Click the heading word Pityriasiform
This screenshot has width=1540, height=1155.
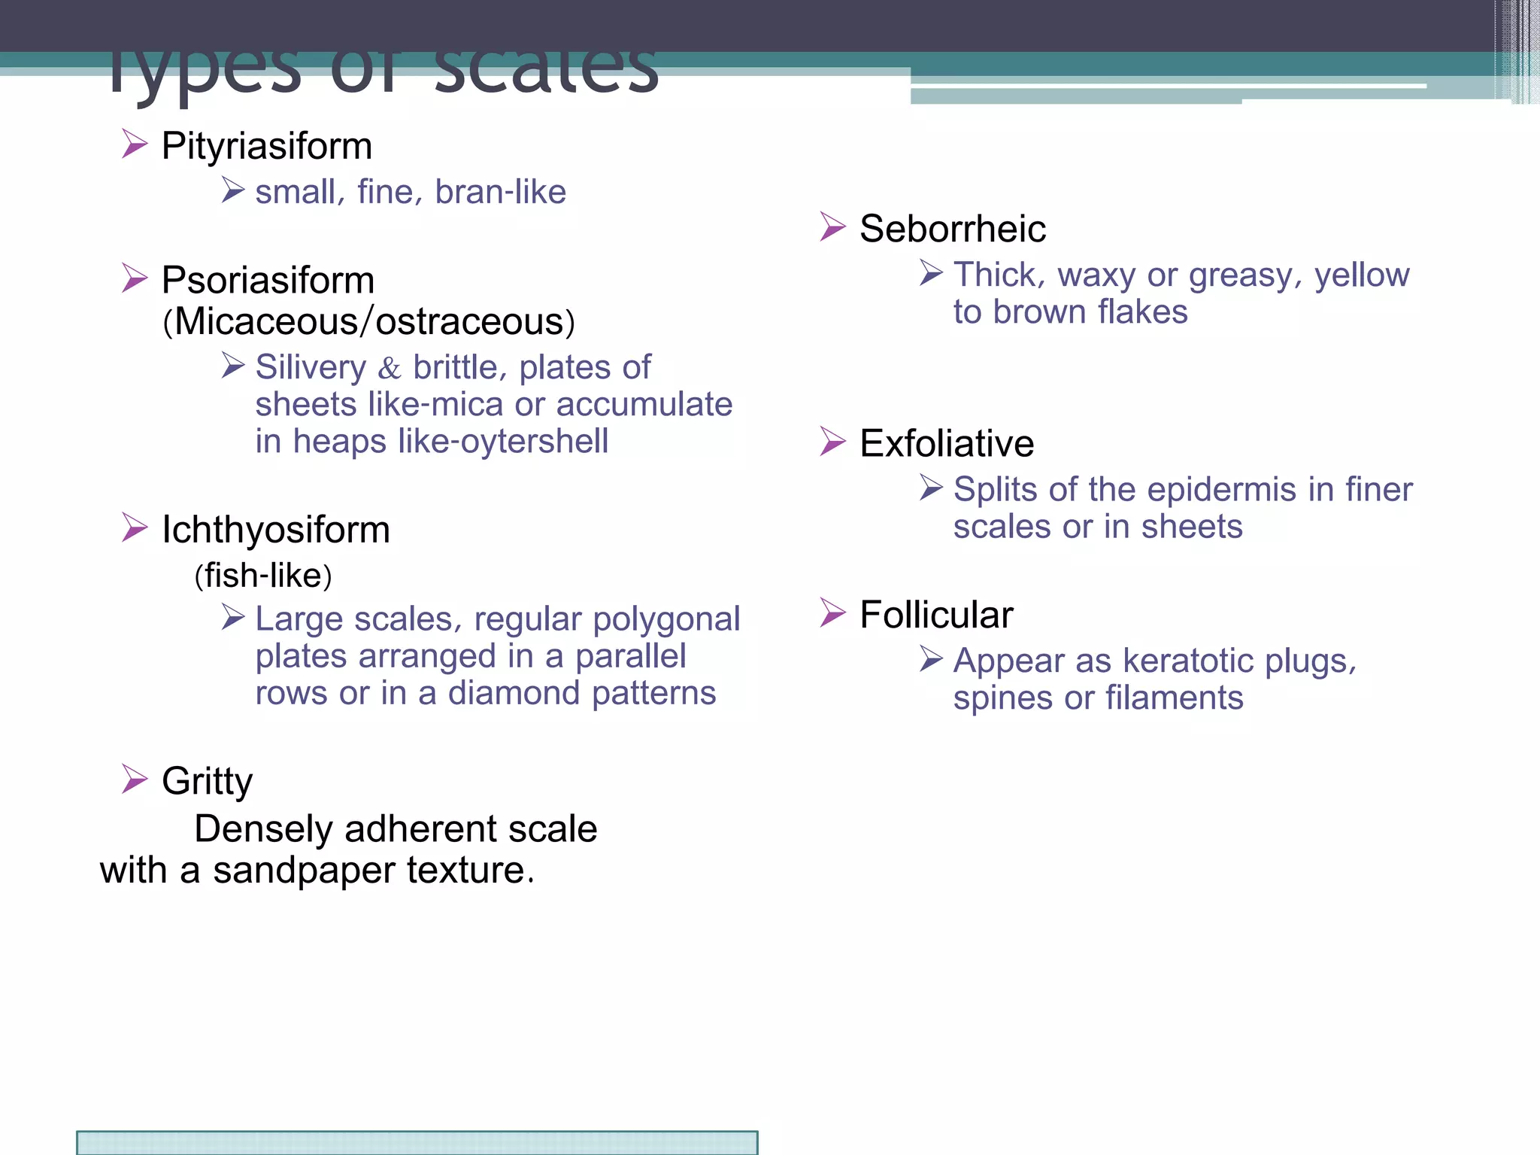[x=267, y=146]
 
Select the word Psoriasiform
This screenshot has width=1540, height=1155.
[x=268, y=281]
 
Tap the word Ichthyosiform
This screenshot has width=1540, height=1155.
[x=276, y=530]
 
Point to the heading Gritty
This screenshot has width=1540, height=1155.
[x=207, y=781]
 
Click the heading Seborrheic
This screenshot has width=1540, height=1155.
[x=953, y=229]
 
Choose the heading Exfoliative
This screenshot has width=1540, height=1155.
[x=947, y=443]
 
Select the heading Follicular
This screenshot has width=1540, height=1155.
[x=936, y=615]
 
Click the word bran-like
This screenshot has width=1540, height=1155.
[x=500, y=192]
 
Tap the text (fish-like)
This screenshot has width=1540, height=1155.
[x=263, y=576]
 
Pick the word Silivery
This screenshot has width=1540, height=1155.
[x=311, y=368]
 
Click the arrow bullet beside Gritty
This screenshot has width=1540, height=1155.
[x=135, y=779]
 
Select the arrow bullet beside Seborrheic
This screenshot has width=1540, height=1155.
[x=832, y=226]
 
